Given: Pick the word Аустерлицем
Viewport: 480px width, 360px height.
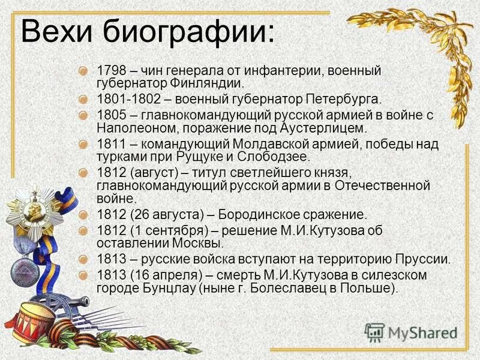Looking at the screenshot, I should tap(315, 128).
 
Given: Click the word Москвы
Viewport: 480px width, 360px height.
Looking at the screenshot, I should tap(198, 244).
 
